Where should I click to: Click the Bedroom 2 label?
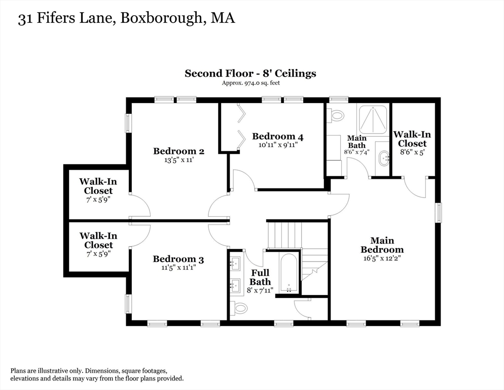pyautogui.click(x=178, y=151)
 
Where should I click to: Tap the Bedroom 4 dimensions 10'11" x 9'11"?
pyautogui.click(x=277, y=145)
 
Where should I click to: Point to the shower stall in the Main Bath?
pyautogui.click(x=373, y=120)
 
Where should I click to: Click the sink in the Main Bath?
pyautogui.click(x=383, y=158)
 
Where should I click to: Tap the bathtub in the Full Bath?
pyautogui.click(x=289, y=273)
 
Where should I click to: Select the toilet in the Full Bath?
pyautogui.click(x=238, y=308)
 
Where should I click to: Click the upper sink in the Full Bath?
pyautogui.click(x=235, y=263)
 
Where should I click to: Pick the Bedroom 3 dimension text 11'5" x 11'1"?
pyautogui.click(x=178, y=268)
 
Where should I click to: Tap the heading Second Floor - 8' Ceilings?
pyautogui.click(x=250, y=73)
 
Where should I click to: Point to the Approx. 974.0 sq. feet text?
pyautogui.click(x=250, y=83)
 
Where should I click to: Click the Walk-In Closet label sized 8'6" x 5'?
pyautogui.click(x=412, y=139)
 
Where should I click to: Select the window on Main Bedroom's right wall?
pyautogui.click(x=439, y=212)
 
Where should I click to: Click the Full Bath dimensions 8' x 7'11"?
pyautogui.click(x=259, y=290)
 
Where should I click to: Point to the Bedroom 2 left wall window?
pyautogui.click(x=128, y=123)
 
